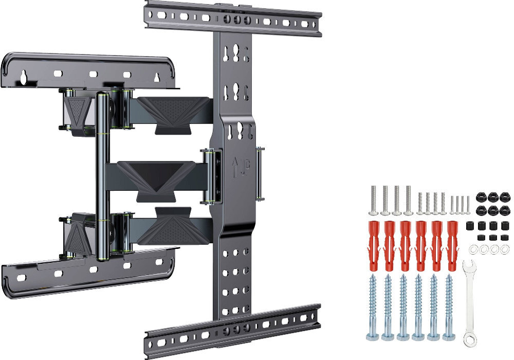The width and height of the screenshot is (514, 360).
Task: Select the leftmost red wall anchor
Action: [374, 246]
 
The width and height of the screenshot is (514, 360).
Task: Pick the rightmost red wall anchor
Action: [452, 246]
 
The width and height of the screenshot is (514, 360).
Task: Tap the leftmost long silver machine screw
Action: [374, 201]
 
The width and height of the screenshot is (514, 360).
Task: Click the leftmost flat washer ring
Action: [474, 250]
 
